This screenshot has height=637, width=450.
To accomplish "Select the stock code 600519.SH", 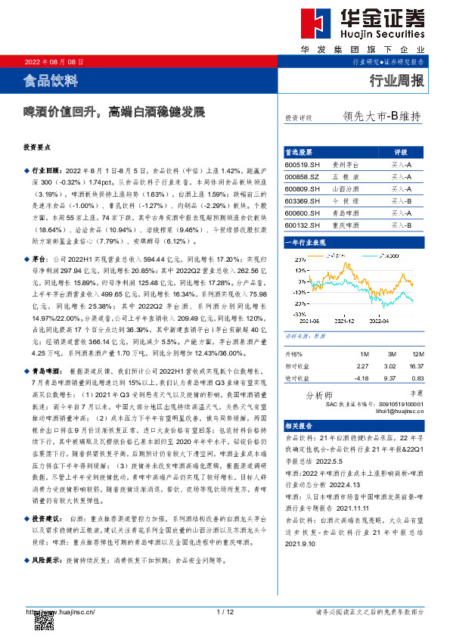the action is (302, 164).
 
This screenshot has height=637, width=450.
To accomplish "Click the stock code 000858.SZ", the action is (302, 176).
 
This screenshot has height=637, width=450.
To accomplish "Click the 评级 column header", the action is (400, 152).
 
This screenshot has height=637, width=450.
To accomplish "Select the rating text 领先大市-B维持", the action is (381, 117).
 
